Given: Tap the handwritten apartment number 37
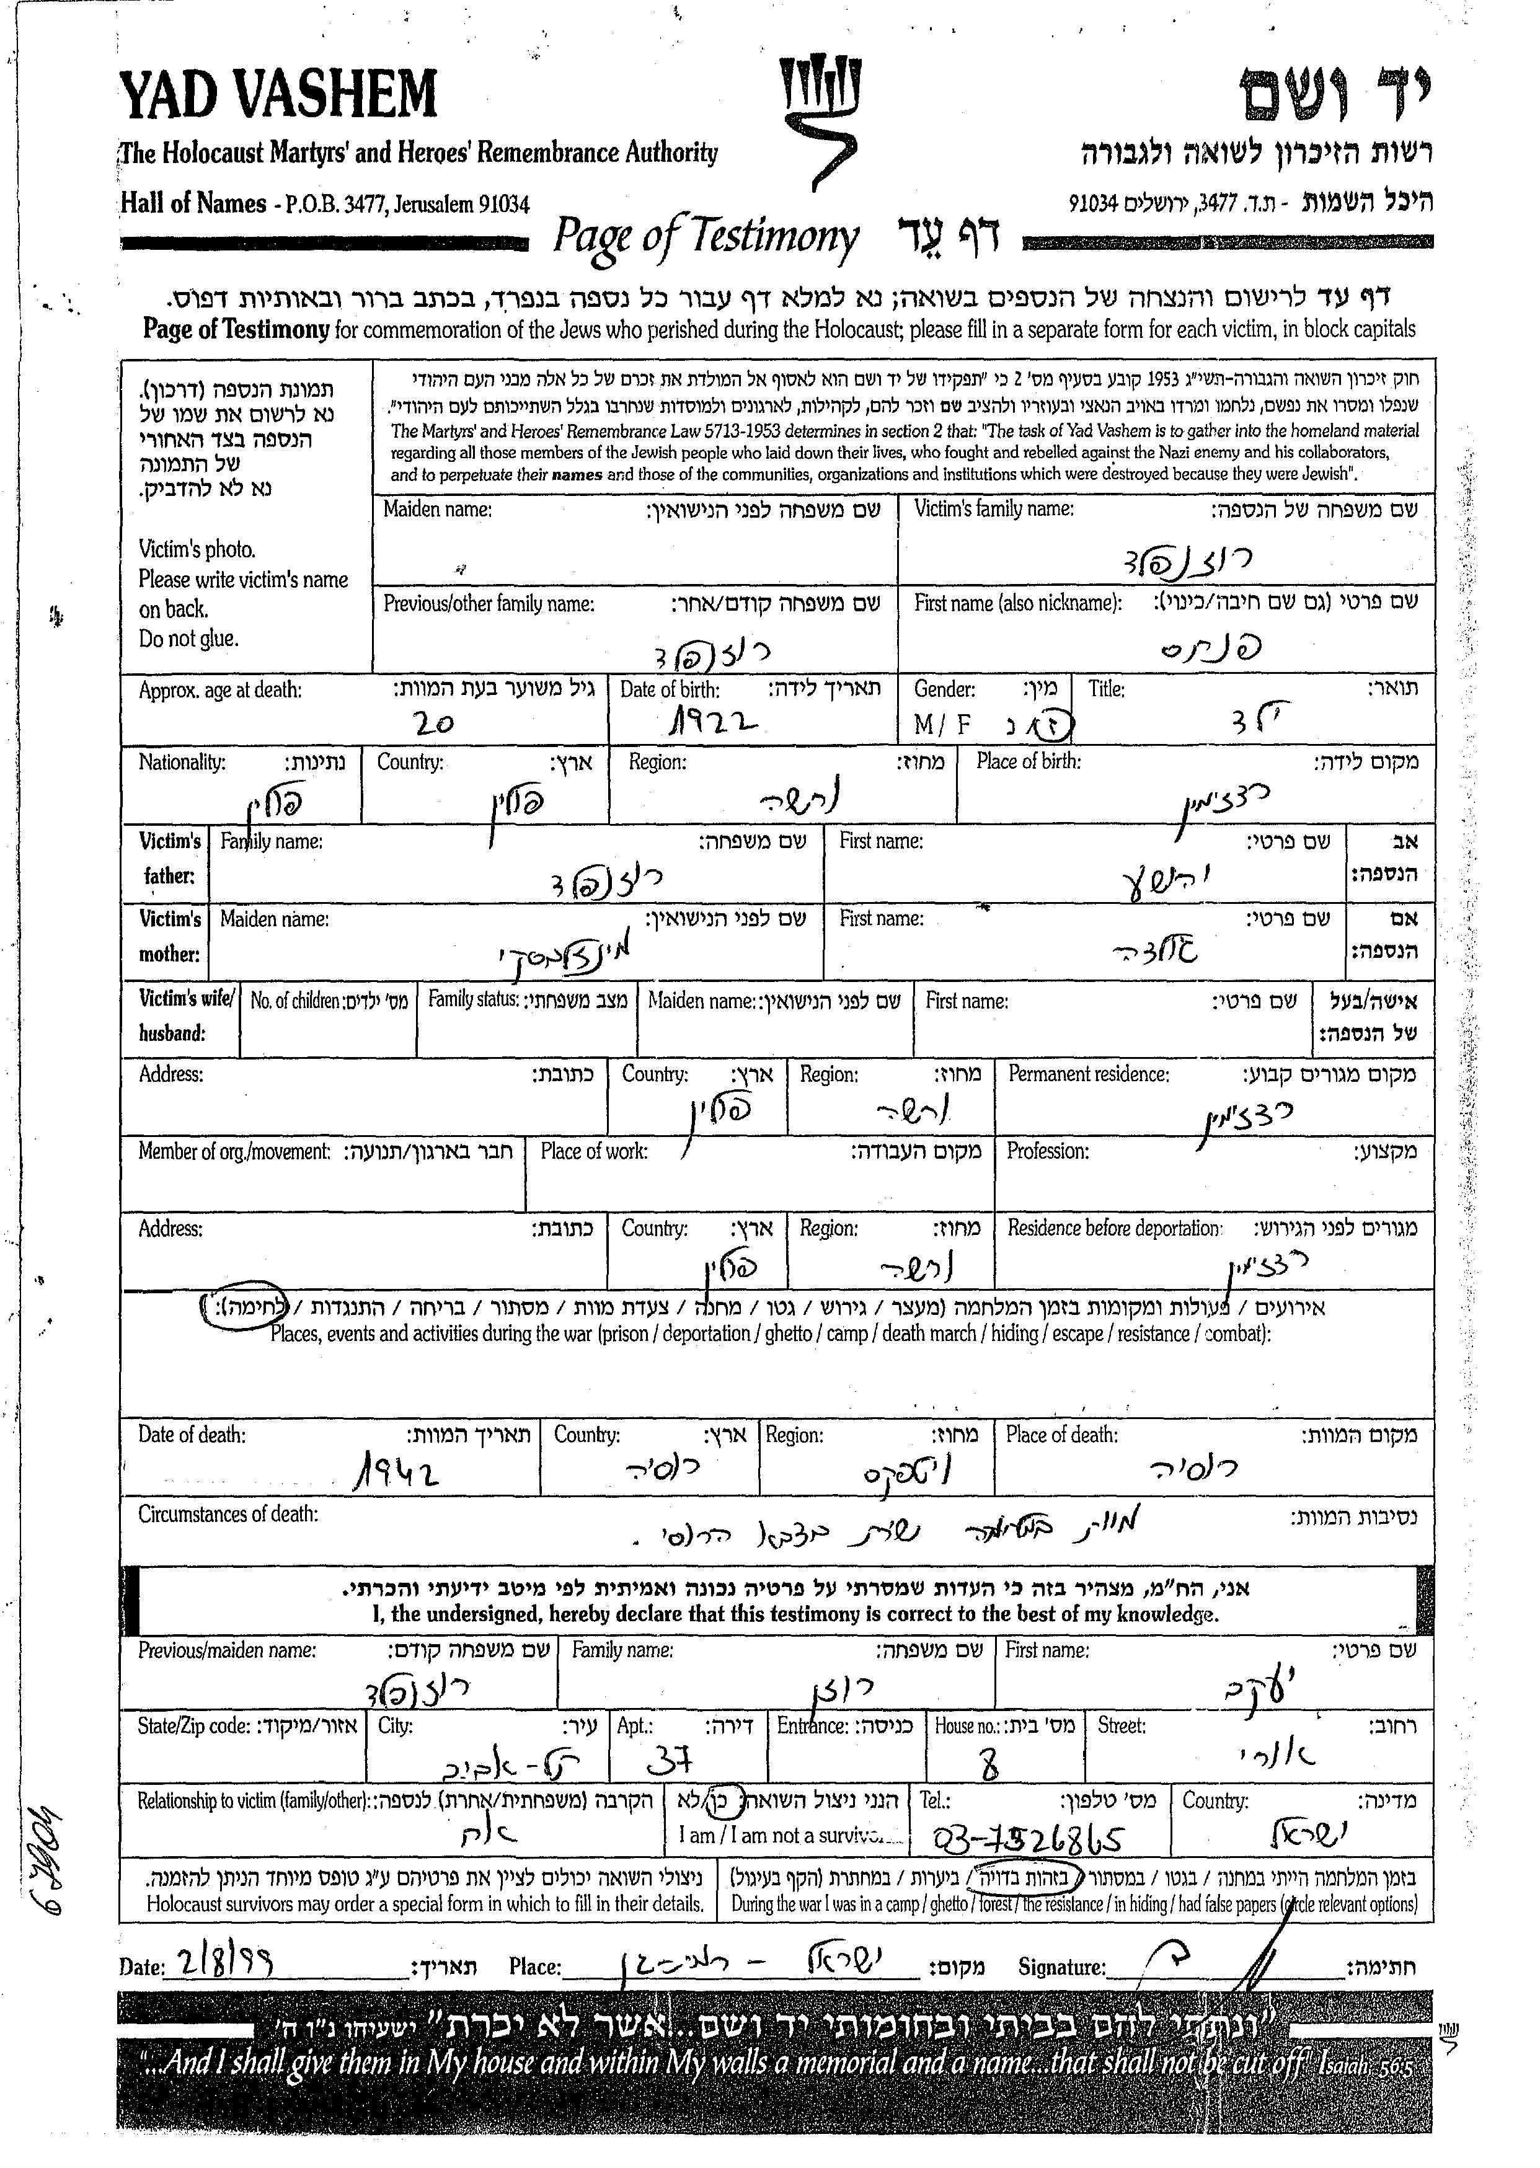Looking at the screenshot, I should tap(670, 1761).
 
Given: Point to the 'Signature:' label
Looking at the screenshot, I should tap(1061, 1967).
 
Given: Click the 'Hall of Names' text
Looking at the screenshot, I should tap(192, 203).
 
